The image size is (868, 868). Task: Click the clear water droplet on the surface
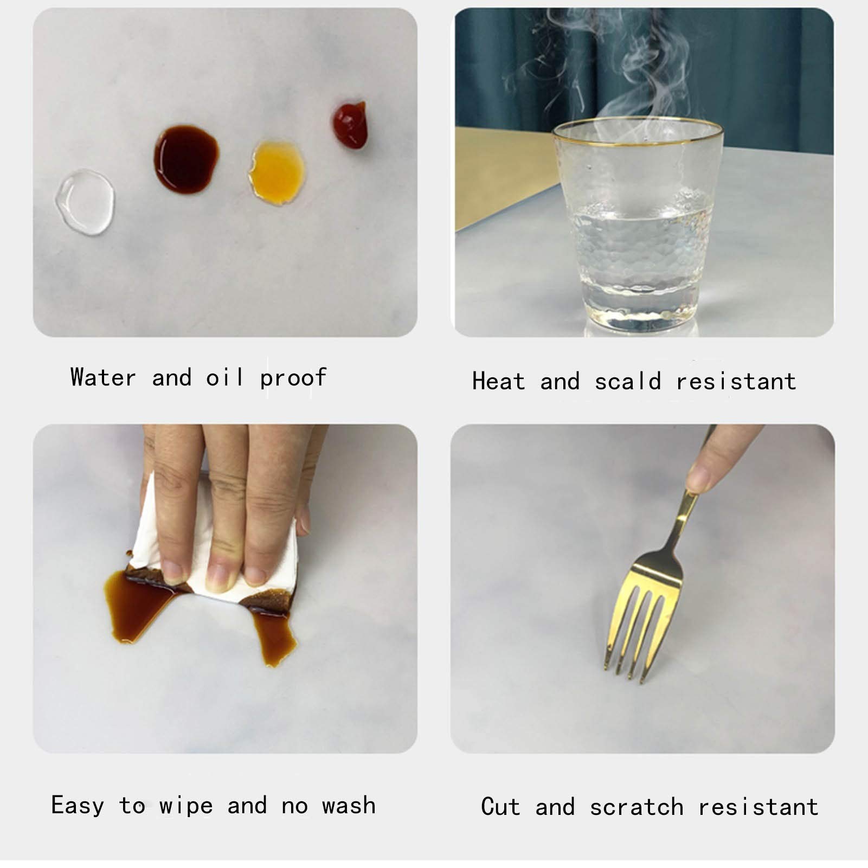coord(85,202)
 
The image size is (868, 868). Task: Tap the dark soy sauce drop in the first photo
coord(187,159)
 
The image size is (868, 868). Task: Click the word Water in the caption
coord(103,377)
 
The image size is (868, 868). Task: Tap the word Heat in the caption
coord(499,381)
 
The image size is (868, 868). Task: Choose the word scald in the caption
coord(628,381)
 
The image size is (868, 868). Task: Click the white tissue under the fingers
coord(217,548)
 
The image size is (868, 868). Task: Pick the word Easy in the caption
coord(78,806)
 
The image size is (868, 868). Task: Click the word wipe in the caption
coord(186,806)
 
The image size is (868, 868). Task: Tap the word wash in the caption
coord(349,806)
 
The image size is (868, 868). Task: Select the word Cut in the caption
coord(500,807)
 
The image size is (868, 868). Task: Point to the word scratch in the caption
coord(636,807)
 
